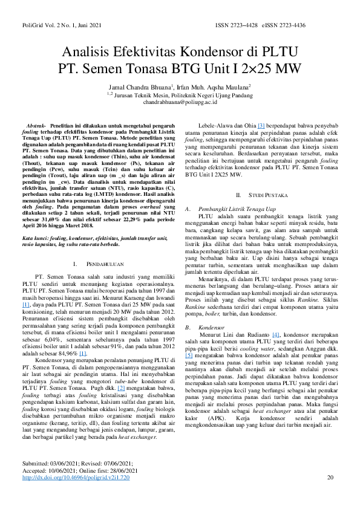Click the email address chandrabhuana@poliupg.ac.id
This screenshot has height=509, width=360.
(180, 103)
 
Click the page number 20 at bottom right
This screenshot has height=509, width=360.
(330, 494)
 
